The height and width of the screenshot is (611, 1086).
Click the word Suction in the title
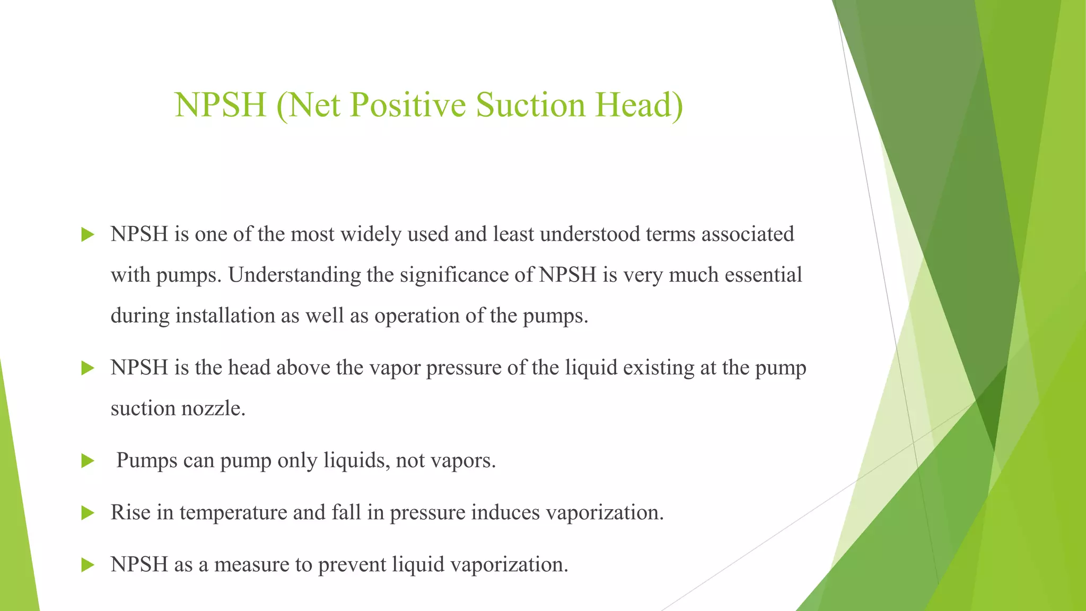(531, 104)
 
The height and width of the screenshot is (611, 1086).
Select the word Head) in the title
(639, 104)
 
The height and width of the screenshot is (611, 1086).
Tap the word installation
(225, 316)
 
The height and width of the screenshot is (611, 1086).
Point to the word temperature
(233, 512)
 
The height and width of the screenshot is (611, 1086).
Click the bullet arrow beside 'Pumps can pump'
(87, 461)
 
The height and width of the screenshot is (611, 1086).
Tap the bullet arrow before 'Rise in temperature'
(87, 513)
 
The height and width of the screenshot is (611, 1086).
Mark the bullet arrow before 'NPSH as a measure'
(87, 565)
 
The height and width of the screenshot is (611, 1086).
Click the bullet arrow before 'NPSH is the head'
(87, 368)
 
